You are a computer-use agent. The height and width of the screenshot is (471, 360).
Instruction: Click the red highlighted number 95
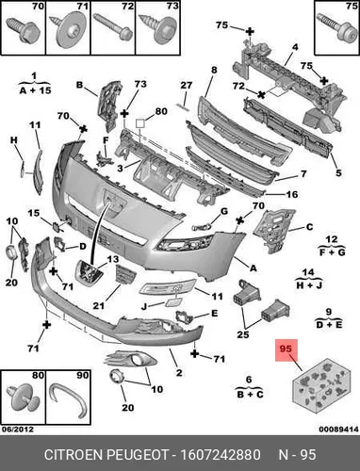(x=286, y=349)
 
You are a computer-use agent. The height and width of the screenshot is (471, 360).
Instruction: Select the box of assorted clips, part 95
(x=321, y=385)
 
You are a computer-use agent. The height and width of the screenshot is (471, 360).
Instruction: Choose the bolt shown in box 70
(x=23, y=30)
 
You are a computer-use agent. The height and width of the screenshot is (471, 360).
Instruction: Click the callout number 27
(x=186, y=86)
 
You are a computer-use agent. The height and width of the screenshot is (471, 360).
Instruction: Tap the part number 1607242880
(x=221, y=455)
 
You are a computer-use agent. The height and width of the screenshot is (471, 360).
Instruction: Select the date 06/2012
(x=17, y=430)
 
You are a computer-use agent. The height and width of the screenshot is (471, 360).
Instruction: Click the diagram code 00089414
(x=338, y=430)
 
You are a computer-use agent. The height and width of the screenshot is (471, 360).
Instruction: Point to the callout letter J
(x=144, y=306)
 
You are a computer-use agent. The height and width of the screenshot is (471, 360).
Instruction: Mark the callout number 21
(x=98, y=305)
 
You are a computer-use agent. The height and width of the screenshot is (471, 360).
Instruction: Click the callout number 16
(x=291, y=194)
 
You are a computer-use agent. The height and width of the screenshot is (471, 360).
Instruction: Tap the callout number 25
(x=243, y=334)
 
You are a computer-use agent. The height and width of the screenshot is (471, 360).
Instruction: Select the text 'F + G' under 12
(x=332, y=252)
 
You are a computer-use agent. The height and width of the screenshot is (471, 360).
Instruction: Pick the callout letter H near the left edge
(x=14, y=140)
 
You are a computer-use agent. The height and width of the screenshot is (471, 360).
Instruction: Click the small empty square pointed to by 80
(x=140, y=123)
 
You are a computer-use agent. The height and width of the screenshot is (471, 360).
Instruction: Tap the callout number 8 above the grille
(x=214, y=70)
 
